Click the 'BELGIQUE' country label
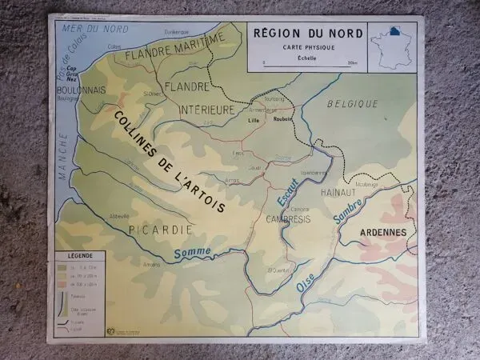(353, 103)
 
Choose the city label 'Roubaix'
(282, 118)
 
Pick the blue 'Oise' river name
(306, 282)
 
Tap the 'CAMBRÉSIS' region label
(288, 218)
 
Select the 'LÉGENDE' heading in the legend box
(78, 262)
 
